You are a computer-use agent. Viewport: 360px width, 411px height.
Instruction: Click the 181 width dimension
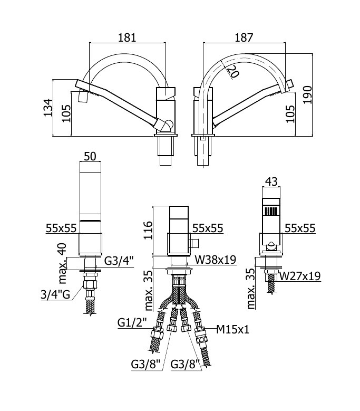[127, 37]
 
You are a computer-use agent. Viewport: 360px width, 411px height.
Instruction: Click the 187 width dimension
[244, 37]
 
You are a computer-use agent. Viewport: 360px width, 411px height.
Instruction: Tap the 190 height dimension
[307, 94]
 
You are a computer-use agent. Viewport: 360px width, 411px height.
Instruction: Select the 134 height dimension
[47, 108]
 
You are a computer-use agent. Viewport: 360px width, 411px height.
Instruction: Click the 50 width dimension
[90, 157]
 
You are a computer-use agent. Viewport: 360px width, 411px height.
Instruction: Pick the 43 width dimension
[271, 181]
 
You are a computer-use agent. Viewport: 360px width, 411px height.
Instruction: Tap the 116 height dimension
[148, 230]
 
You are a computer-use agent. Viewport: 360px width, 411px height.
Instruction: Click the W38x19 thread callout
[215, 260]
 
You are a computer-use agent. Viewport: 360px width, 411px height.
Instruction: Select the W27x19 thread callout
[299, 276]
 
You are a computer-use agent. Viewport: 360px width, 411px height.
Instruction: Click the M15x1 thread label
[233, 329]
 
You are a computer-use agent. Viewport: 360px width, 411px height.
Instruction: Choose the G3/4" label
[119, 261]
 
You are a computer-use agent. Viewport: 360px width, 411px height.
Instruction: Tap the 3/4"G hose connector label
[55, 295]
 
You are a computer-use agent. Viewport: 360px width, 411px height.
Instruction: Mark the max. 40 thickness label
[62, 263]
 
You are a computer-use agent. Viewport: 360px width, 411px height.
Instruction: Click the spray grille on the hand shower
[271, 211]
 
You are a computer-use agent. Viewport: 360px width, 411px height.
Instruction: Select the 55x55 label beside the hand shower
[300, 228]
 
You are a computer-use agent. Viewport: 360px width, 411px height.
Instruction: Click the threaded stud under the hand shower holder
[272, 283]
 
